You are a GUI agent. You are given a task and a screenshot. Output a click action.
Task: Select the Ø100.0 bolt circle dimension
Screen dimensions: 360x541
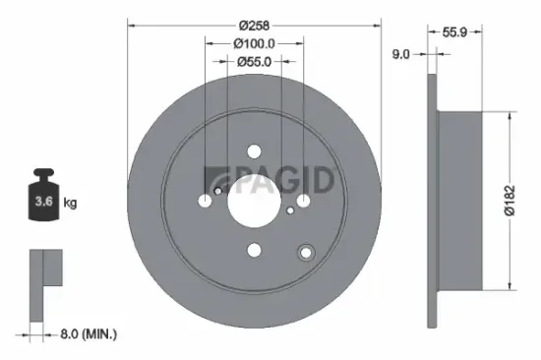point(255,42)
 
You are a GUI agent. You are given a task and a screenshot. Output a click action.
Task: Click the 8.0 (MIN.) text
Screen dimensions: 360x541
point(85,334)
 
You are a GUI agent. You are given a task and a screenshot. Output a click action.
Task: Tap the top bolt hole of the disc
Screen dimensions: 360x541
point(255,151)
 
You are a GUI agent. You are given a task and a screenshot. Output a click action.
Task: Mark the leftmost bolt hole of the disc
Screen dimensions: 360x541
point(205,202)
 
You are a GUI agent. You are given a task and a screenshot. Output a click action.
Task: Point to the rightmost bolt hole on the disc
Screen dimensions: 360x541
point(304,202)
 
